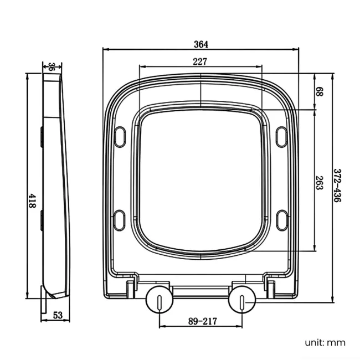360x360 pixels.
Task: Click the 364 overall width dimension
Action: (x=200, y=44)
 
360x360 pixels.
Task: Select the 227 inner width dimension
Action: (x=200, y=62)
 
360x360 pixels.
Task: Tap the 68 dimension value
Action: (x=319, y=91)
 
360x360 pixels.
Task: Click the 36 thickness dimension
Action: (x=52, y=67)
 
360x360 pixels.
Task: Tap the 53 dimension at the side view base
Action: (x=58, y=316)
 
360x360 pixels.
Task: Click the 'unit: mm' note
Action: (x=325, y=342)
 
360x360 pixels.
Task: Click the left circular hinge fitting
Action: (x=159, y=300)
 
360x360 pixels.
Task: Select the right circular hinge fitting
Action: (x=243, y=300)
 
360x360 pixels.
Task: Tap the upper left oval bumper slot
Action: (x=120, y=136)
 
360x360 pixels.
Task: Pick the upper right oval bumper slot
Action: (x=281, y=136)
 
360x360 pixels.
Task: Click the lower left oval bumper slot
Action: (x=120, y=219)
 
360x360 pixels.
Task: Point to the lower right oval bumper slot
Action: (x=281, y=219)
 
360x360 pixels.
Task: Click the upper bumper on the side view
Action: (x=42, y=136)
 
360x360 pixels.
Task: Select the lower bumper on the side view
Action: (x=42, y=219)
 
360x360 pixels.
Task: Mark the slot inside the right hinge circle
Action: (x=243, y=301)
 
